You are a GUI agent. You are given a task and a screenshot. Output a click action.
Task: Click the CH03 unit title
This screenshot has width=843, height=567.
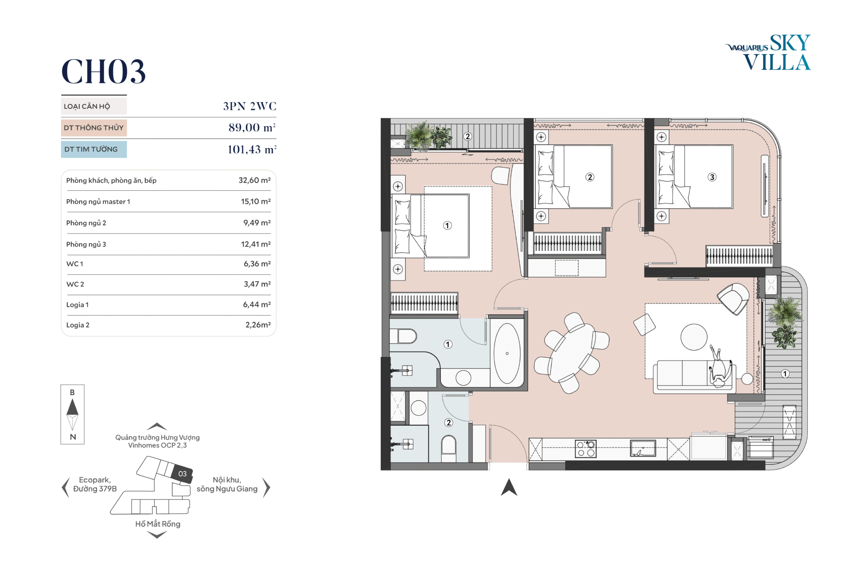(x=103, y=72)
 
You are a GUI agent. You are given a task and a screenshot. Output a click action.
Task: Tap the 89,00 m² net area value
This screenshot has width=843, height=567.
(x=252, y=127)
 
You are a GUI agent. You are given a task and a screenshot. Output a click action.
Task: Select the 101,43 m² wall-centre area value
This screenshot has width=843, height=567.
(x=252, y=149)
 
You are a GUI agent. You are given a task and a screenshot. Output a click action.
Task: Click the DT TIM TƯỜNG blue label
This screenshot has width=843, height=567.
(x=94, y=149)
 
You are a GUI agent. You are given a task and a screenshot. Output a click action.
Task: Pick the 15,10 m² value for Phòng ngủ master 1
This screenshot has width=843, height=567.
(x=256, y=201)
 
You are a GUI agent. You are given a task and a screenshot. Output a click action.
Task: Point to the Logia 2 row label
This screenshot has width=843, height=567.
(x=78, y=325)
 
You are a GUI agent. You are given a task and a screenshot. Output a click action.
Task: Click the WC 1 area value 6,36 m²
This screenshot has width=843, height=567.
(x=257, y=264)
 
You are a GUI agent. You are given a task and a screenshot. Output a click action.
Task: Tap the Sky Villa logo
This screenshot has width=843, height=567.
(x=768, y=53)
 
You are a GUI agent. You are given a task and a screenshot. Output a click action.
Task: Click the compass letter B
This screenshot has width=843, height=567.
(x=72, y=392)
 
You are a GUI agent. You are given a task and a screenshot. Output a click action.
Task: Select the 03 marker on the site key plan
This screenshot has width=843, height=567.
(x=182, y=474)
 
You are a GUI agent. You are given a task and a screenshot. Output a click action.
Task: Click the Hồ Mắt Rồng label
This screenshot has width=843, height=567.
(x=158, y=524)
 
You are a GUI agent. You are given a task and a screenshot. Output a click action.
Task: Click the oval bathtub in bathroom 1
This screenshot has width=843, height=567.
(x=507, y=353)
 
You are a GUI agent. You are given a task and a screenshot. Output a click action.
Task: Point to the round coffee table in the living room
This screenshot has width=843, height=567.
(x=694, y=337)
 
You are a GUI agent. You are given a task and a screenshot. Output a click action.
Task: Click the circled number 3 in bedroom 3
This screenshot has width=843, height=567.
(x=712, y=177)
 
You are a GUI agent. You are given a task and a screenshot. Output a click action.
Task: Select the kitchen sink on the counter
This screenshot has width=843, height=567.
(x=643, y=448)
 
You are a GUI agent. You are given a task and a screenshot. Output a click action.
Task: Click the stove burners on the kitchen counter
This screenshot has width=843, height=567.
(x=585, y=449)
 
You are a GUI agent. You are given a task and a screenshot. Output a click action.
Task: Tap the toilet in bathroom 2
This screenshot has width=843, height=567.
(x=448, y=449)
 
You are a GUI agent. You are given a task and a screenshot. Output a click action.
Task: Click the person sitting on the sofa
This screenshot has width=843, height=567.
(x=720, y=367)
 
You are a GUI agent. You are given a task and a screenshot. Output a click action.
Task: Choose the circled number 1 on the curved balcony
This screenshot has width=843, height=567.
(x=785, y=373)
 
